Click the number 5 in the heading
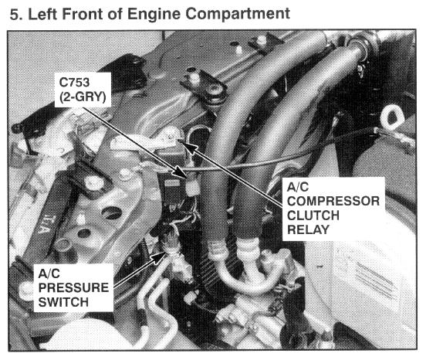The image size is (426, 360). pyautogui.click(x=14, y=14)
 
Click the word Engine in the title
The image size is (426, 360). pyautogui.click(x=154, y=14)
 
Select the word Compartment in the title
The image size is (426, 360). pyautogui.click(x=238, y=14)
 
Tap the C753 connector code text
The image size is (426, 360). pyautogui.click(x=74, y=82)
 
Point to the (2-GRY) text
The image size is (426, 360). pyautogui.click(x=83, y=97)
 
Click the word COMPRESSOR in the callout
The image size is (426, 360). pyautogui.click(x=333, y=201)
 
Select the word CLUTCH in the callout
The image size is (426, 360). pyautogui.click(x=313, y=216)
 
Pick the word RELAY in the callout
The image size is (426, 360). pyautogui.click(x=309, y=229)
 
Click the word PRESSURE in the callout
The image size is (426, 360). pyautogui.click(x=73, y=288)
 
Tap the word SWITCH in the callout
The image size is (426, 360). pyautogui.click(x=63, y=302)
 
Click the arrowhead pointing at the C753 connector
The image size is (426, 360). pyautogui.click(x=180, y=173)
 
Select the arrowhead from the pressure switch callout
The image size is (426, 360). pyautogui.click(x=158, y=257)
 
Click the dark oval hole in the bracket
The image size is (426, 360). pyautogui.click(x=111, y=212)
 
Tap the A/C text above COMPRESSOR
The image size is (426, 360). pyautogui.click(x=298, y=187)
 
